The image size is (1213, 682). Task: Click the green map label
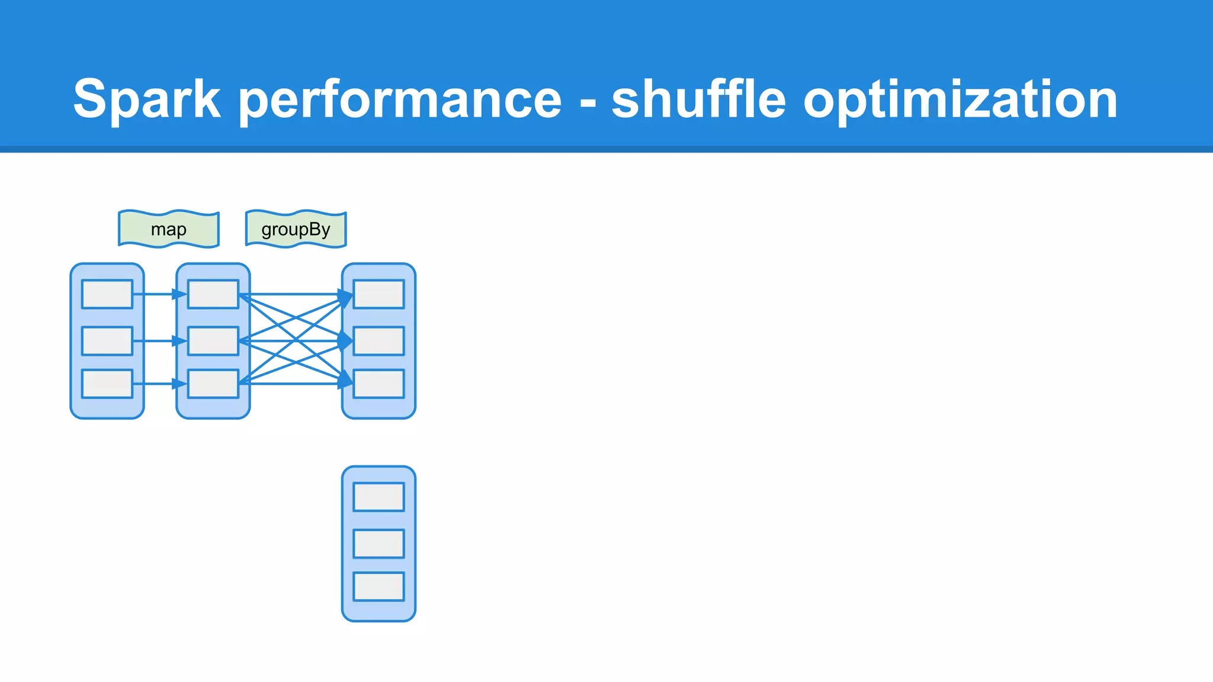169,229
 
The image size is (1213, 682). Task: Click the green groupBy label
296,229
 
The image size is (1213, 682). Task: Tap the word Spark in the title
146,99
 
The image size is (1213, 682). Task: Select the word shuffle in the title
698,99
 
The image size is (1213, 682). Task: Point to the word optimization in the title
960,99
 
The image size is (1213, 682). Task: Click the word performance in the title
400,99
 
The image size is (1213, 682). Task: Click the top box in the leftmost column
107,294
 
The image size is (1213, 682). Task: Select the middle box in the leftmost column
107,341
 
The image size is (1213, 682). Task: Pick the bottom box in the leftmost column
107,384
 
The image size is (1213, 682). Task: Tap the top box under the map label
213,294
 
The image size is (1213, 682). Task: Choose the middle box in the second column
213,341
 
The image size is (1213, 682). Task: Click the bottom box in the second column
213,384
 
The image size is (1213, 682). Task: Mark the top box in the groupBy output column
379,294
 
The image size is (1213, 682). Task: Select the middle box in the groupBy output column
379,341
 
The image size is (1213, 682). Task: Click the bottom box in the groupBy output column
379,384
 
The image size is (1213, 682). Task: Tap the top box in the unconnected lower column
379,497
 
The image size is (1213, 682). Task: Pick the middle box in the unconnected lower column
379,543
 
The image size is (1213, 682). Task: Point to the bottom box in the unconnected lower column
379,586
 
